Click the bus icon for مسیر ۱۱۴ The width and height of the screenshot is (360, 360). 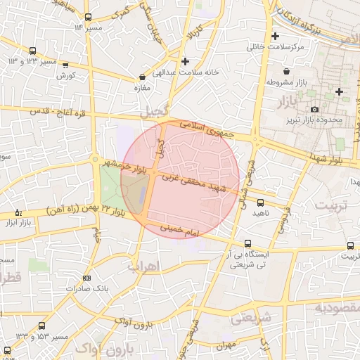pyautogui.click(x=87, y=18)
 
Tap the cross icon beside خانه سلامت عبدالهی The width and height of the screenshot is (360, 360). pyautogui.click(x=185, y=61)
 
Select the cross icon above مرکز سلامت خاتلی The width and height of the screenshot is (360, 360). pyautogui.click(x=275, y=36)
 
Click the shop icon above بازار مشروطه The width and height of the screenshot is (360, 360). pyautogui.click(x=286, y=71)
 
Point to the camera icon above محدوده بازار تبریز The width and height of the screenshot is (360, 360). pyautogui.click(x=314, y=109)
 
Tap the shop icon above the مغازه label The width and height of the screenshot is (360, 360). pyautogui.click(x=143, y=77)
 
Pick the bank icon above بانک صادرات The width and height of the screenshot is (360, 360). pyautogui.click(x=86, y=278)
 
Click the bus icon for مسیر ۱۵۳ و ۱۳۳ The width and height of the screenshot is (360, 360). pyautogui.click(x=42, y=326)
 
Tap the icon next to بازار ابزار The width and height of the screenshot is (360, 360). pyautogui.click(x=18, y=212)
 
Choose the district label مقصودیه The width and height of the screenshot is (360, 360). pyautogui.click(x=337, y=308)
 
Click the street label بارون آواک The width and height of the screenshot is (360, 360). pyautogui.click(x=131, y=325)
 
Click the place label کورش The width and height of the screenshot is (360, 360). pyautogui.click(x=67, y=75)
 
